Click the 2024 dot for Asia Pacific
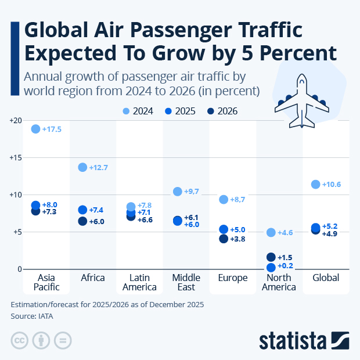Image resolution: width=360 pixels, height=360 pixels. [x=35, y=129]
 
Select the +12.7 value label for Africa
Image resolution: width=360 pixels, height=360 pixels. [x=99, y=168]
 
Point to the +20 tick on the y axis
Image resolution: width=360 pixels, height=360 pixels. [x=15, y=120]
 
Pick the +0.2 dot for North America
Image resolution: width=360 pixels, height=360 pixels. [x=271, y=267]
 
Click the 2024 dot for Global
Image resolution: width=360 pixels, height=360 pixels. [x=316, y=185]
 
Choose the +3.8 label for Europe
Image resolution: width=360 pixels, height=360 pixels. [x=237, y=239]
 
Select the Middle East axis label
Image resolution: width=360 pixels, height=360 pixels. [x=186, y=282]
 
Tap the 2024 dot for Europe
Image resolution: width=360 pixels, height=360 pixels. [x=223, y=200]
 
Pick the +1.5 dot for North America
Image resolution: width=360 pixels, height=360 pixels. [x=271, y=257]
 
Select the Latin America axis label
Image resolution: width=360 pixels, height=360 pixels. [x=139, y=282]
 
